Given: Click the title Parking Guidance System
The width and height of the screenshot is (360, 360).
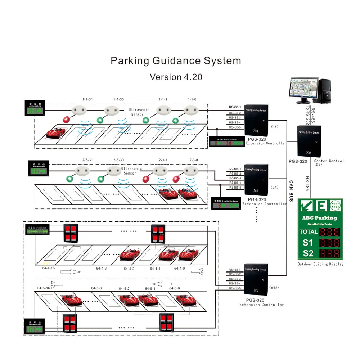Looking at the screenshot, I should [x=176, y=60].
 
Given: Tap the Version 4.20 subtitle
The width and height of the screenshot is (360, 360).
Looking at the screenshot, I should [x=176, y=77].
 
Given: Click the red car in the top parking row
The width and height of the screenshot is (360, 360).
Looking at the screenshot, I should [x=56, y=132].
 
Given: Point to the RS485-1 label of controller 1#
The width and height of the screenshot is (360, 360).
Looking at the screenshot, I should [x=235, y=107].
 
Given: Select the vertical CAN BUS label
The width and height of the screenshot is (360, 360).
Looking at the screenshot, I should [x=291, y=191].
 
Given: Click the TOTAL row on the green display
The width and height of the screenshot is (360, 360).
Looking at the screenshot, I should [x=320, y=231].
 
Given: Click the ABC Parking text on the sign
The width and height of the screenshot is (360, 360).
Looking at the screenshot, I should [x=319, y=218].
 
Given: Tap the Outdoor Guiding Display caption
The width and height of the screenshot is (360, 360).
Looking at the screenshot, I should [x=320, y=264].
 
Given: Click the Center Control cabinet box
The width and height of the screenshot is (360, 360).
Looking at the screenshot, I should [x=309, y=140].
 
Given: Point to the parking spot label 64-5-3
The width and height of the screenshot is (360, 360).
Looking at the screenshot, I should [x=96, y=288].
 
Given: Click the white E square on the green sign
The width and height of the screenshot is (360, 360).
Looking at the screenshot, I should [x=321, y=206].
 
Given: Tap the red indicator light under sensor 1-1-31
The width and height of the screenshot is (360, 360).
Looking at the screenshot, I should [x=66, y=120].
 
